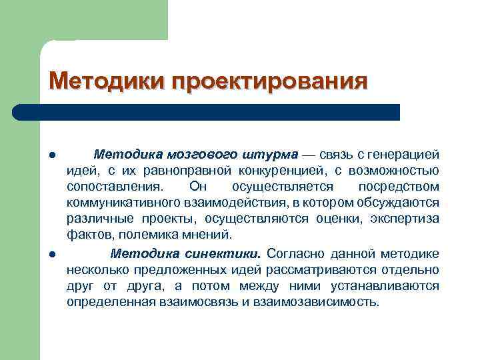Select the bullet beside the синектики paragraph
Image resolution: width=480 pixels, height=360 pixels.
point(51,254)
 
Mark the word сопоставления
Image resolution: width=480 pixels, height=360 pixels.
point(113,187)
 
